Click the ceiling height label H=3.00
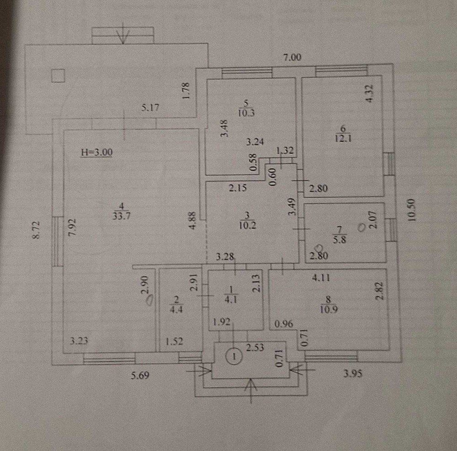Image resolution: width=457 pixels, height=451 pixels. pyautogui.click(x=97, y=152)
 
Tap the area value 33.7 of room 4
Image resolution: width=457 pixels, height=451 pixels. pyautogui.click(x=121, y=216)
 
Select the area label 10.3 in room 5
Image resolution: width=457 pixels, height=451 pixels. pyautogui.click(x=246, y=113)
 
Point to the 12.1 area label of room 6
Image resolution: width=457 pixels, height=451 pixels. pyautogui.click(x=343, y=138)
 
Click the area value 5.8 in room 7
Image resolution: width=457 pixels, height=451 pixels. pyautogui.click(x=340, y=239)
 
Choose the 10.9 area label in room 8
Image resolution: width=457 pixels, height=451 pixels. pyautogui.click(x=329, y=309)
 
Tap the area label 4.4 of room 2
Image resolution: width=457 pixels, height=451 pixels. pyautogui.click(x=176, y=309)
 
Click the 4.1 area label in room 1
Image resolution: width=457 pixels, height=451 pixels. pyautogui.click(x=231, y=299)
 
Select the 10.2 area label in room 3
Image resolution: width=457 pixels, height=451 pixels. pyautogui.click(x=247, y=225)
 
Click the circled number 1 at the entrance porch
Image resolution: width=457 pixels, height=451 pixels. pyautogui.click(x=234, y=356)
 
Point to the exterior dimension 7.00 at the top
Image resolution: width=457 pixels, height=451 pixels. pyautogui.click(x=292, y=57)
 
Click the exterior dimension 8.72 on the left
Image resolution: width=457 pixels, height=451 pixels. pyautogui.click(x=36, y=230)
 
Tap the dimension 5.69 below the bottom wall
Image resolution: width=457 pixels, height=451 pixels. pyautogui.click(x=140, y=375)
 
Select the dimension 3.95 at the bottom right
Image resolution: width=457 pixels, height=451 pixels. pyautogui.click(x=353, y=374)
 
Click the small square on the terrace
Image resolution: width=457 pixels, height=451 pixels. pyautogui.click(x=58, y=76)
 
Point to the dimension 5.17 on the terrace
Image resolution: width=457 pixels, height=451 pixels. pyautogui.click(x=150, y=108)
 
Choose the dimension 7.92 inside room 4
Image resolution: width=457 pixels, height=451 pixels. pyautogui.click(x=72, y=227)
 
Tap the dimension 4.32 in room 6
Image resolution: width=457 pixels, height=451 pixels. pyautogui.click(x=369, y=93)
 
